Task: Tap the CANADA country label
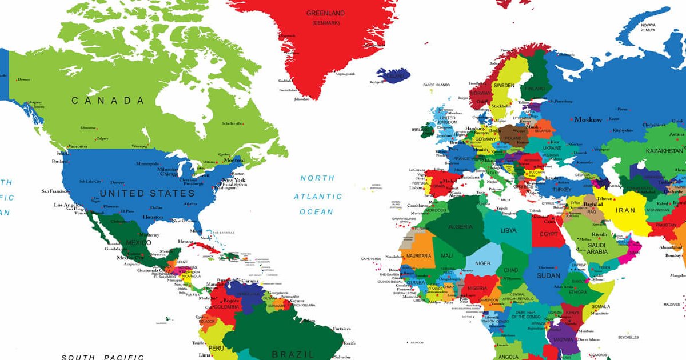click(x=108, y=101)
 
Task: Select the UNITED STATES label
click(x=147, y=193)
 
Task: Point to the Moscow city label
click(x=588, y=120)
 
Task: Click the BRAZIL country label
click(x=293, y=354)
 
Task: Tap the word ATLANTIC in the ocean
click(x=318, y=197)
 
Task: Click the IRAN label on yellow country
click(x=625, y=210)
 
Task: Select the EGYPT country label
click(x=548, y=234)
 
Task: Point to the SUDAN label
click(x=548, y=276)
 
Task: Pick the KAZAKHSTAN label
click(x=664, y=151)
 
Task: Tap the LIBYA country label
click(x=508, y=231)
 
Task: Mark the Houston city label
click(x=153, y=217)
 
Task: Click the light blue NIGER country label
click(x=483, y=263)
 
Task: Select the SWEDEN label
click(x=504, y=85)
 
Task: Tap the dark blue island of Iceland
click(x=393, y=75)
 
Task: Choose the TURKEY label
click(x=561, y=190)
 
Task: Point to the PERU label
click(x=216, y=347)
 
